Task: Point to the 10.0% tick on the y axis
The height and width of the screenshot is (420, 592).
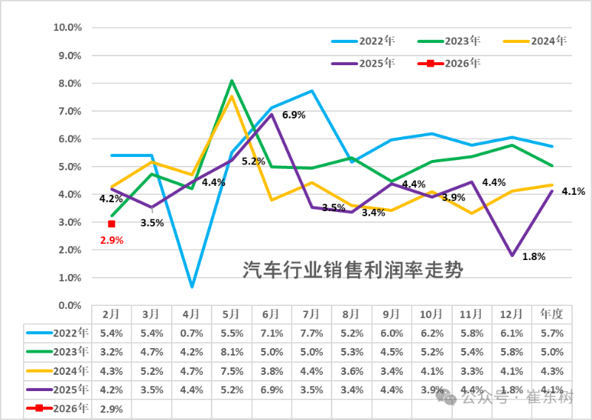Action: pyautogui.click(x=67, y=27)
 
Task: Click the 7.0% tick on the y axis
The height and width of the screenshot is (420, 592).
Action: pyautogui.click(x=70, y=111)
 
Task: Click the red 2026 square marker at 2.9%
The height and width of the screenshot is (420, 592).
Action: pyautogui.click(x=111, y=224)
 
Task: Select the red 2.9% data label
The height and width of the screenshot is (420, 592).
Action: pyautogui.click(x=111, y=240)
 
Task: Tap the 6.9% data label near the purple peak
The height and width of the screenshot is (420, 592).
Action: pyautogui.click(x=294, y=116)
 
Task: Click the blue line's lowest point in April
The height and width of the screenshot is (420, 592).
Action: pyautogui.click(x=192, y=286)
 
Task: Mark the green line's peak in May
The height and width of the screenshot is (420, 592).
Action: pyautogui.click(x=232, y=81)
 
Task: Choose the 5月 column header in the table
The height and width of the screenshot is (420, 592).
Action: pyautogui.click(x=232, y=313)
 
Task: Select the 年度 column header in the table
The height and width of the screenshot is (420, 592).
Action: pyautogui.click(x=552, y=313)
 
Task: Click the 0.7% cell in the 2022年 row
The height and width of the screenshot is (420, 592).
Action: pyautogui.click(x=192, y=332)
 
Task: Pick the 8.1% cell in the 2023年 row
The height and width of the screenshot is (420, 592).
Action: pyautogui.click(x=232, y=351)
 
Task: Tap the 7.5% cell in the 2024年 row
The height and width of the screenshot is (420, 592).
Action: pyautogui.click(x=232, y=370)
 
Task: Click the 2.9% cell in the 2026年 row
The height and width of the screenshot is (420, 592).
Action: pyautogui.click(x=111, y=408)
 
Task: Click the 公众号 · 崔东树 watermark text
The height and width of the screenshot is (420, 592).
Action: pyautogui.click(x=518, y=399)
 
